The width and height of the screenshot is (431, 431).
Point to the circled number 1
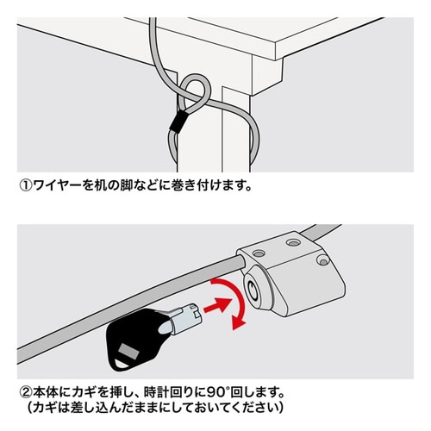coord(25,184)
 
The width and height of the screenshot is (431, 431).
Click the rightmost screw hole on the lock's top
coord(320,258)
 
